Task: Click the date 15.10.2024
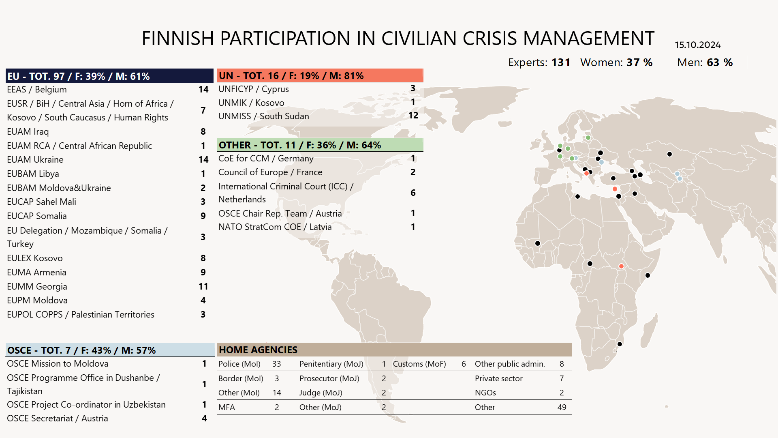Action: (x=697, y=45)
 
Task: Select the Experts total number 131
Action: (x=561, y=62)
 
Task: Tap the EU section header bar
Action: (x=109, y=76)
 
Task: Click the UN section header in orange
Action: (x=320, y=75)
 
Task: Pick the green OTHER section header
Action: (x=320, y=145)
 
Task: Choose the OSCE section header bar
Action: (x=109, y=350)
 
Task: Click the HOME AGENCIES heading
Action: (x=258, y=350)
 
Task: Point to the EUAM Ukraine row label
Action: (x=35, y=159)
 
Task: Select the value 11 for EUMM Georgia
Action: (x=203, y=286)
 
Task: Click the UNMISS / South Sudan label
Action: (x=263, y=116)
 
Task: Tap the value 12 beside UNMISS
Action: (x=413, y=116)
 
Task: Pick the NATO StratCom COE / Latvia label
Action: (x=275, y=227)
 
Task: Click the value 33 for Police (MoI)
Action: (x=276, y=364)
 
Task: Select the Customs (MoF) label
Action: (x=419, y=364)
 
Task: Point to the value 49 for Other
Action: (x=562, y=407)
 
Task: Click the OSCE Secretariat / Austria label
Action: (x=57, y=418)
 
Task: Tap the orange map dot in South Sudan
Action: (x=621, y=266)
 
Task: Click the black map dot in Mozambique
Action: (x=620, y=344)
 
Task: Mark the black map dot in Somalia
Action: (x=648, y=275)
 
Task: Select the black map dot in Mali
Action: (x=538, y=243)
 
